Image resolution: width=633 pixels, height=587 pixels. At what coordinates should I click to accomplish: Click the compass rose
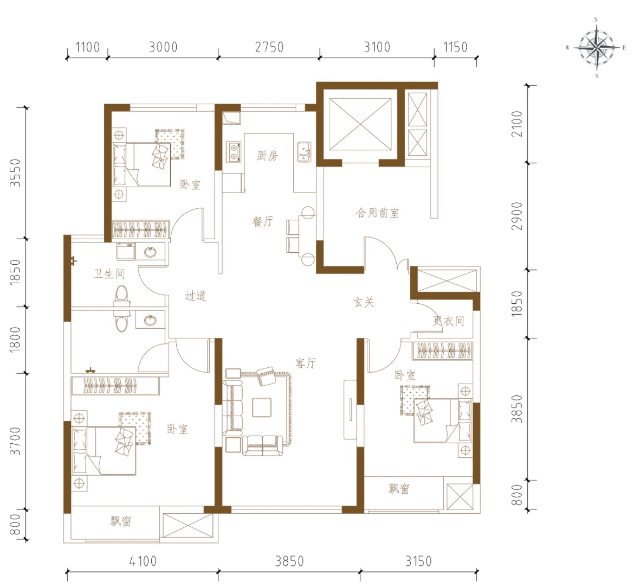click(597, 48)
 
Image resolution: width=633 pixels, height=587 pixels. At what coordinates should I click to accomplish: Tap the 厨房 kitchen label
click(267, 156)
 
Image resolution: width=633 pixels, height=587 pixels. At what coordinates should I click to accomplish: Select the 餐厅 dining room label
click(263, 221)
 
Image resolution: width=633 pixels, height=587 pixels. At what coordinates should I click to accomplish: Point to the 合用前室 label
click(377, 213)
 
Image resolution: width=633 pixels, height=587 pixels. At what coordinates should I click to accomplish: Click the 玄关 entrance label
click(364, 302)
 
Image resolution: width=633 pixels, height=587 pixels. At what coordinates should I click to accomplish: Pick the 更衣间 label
click(449, 321)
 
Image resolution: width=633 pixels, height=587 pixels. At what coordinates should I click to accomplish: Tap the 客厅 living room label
click(306, 363)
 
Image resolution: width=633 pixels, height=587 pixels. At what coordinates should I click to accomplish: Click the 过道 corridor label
click(196, 296)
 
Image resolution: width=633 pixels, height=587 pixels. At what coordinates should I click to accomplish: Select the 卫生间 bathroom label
click(109, 274)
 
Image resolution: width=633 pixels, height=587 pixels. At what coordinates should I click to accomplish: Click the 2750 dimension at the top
click(269, 47)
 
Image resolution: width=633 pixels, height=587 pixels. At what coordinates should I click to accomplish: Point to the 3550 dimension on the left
click(15, 173)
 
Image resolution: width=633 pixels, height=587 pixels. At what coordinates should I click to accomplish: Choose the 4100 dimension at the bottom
click(143, 561)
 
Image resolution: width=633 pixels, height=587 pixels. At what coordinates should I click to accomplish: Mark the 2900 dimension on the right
click(516, 216)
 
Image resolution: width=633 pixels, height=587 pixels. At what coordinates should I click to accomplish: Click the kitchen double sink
click(305, 152)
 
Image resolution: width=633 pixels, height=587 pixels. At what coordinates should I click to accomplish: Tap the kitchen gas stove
click(234, 152)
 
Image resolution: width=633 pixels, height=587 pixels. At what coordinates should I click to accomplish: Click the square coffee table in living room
click(262, 407)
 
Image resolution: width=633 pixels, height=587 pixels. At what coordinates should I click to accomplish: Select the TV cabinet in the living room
click(350, 410)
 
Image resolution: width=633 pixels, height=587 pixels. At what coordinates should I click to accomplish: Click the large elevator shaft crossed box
click(360, 124)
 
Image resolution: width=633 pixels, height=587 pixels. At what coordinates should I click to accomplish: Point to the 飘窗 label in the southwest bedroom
click(121, 521)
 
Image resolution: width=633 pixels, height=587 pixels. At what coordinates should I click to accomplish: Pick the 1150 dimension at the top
click(455, 47)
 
